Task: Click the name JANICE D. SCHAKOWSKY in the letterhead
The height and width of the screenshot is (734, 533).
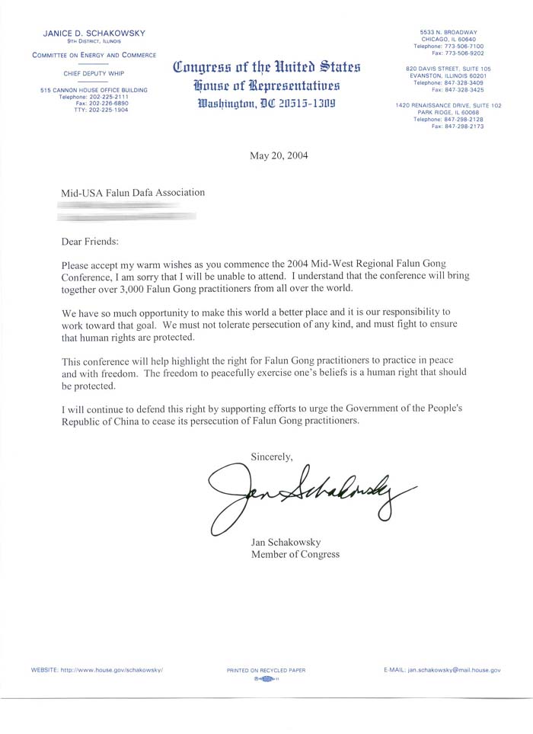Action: [x=94, y=33]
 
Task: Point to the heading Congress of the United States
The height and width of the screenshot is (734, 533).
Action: [x=266, y=67]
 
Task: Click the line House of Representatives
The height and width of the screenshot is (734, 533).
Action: [x=266, y=85]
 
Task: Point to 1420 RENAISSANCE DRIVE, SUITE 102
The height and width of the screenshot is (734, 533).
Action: [x=448, y=105]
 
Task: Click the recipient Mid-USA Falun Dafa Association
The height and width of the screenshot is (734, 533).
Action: [x=133, y=193]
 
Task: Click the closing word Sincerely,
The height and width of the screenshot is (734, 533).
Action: [x=272, y=456]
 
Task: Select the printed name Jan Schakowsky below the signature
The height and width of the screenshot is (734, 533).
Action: [x=286, y=542]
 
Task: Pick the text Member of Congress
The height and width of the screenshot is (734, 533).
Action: [x=295, y=554]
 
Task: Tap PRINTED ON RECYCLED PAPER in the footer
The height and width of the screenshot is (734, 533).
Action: [x=266, y=670]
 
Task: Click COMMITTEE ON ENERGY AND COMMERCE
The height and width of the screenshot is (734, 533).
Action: [x=94, y=55]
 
